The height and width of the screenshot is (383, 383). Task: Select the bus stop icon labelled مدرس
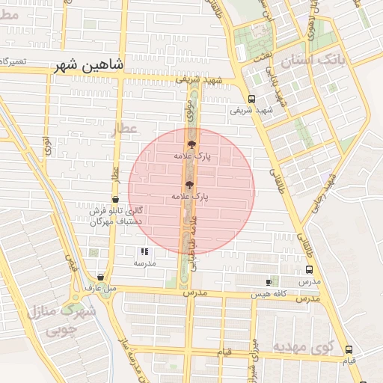309,270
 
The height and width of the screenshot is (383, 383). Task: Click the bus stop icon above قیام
349,350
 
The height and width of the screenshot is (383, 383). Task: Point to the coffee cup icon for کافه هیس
269,281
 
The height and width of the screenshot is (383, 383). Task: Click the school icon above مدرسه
144,252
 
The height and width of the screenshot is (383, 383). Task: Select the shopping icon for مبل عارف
100,277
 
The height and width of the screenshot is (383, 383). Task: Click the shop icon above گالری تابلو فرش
114,199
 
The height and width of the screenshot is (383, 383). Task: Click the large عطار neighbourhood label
124,129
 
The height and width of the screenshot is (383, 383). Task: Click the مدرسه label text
144,263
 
